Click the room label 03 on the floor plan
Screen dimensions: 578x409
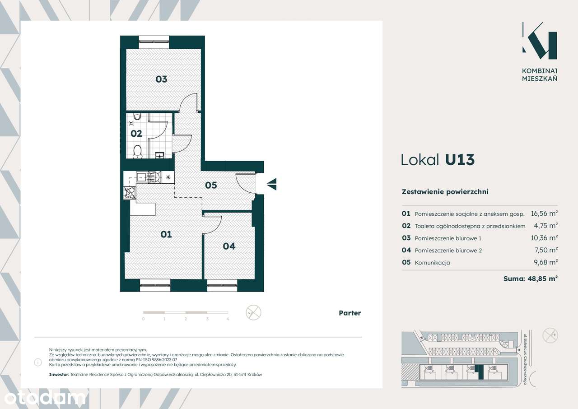click(161, 79)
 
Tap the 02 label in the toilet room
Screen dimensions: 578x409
click(136, 134)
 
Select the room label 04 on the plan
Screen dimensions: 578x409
click(229, 246)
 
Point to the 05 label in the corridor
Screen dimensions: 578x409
click(211, 185)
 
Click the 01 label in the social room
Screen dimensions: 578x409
click(166, 234)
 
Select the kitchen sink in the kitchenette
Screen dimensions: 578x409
click(141, 177)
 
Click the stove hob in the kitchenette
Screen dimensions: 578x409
click(130, 193)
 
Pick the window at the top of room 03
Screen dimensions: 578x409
click(154, 42)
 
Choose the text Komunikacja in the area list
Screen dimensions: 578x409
click(432, 263)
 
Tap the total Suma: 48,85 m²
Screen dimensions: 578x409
click(531, 279)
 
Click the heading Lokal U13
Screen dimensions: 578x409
click(438, 160)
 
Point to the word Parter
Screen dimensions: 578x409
click(350, 313)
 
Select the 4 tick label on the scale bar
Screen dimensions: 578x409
click(228, 319)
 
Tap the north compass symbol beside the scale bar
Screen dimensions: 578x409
click(253, 312)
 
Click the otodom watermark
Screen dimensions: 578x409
click(45, 399)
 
